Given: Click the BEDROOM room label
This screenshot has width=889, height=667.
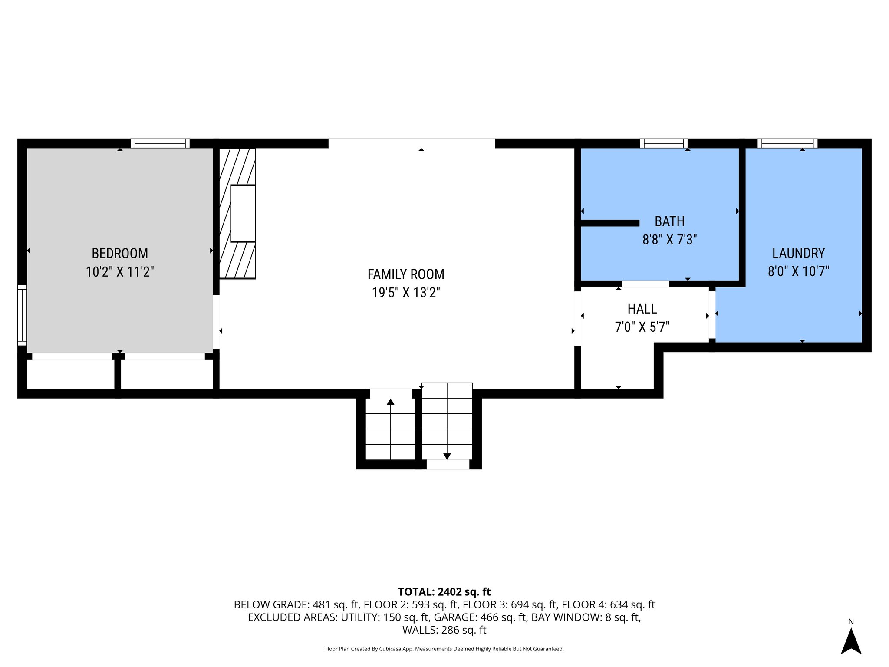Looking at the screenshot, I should coord(120,253).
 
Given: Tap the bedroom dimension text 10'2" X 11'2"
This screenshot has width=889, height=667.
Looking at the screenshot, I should coord(120,272).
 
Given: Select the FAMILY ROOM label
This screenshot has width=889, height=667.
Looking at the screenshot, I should coord(405,274).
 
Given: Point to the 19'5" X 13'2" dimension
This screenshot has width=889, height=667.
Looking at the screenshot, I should coord(405,293).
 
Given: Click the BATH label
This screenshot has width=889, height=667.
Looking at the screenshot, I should coord(669,221).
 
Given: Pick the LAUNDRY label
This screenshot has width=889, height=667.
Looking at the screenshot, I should coord(798,253).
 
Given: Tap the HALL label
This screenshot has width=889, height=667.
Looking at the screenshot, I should coord(642,309).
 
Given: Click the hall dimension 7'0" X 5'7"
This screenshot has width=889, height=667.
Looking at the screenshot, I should coord(642,327).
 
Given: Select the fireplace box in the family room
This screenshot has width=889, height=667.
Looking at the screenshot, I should coord(243,213).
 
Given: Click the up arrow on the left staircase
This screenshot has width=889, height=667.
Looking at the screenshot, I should coord(390,402).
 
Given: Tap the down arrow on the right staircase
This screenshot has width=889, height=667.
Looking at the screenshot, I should coord(447,456).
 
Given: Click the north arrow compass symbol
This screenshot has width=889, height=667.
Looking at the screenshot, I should coord(851,641).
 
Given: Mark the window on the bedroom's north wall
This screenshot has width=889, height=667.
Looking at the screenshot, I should coord(160,143).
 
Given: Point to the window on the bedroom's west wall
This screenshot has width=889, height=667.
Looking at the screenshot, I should coord(22,315).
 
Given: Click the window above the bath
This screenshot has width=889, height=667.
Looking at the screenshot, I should coord(663,143).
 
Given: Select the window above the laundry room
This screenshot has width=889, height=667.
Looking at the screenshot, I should coord(787,143).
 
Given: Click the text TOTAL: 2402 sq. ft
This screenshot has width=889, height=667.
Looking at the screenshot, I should coord(444,592).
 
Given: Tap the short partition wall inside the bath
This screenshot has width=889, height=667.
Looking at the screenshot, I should coord(609,223).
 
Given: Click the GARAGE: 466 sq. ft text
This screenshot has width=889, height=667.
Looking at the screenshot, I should coord(480,617).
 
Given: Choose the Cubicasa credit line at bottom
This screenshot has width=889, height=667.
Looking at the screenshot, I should coord(444,649).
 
